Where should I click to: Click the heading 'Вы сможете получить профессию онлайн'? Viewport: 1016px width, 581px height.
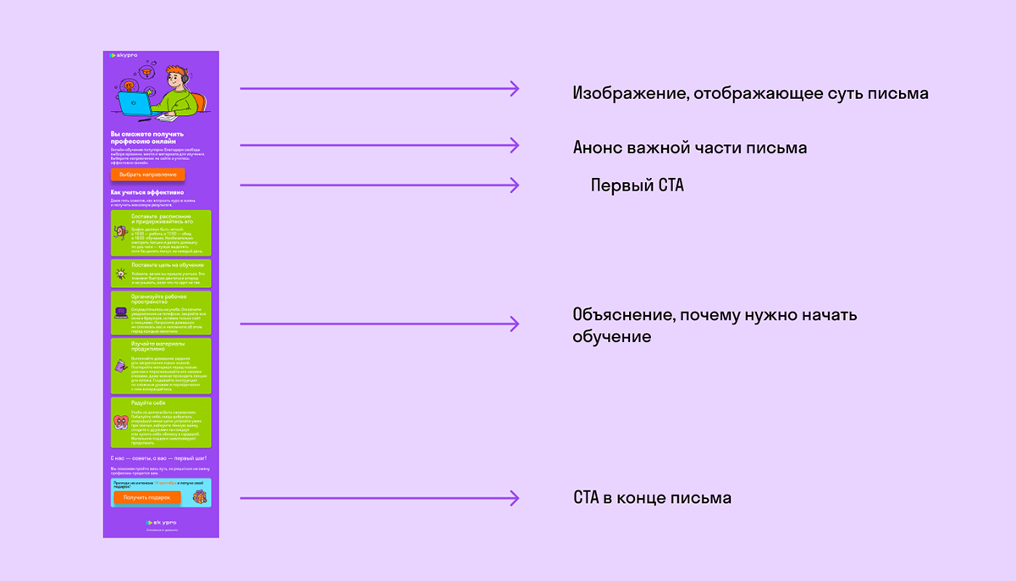coord(147,137)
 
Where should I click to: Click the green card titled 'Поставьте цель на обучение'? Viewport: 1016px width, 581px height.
coord(161,273)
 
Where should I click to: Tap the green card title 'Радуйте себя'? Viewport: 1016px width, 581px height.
coord(148,403)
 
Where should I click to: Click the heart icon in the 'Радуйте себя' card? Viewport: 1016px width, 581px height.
coord(120,421)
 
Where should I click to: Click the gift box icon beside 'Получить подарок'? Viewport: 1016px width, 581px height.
coord(199,496)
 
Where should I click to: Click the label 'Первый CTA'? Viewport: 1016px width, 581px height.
coord(637,185)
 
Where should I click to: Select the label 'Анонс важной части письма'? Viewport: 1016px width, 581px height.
coord(689,148)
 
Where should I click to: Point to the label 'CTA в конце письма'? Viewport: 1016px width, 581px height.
coord(652,498)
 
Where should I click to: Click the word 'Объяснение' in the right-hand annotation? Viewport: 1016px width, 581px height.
coord(622,316)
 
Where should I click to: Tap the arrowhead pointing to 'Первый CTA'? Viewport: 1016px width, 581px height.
coord(513,185)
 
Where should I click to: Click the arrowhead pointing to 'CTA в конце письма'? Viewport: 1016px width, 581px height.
coord(513,498)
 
